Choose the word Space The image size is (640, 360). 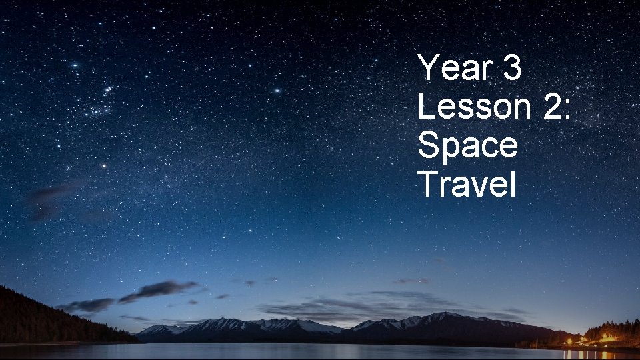(x=467, y=145)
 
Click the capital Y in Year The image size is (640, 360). (x=428, y=68)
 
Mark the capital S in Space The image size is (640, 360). (x=428, y=145)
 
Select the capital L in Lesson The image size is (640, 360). (x=426, y=107)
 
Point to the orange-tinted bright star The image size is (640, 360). (x=104, y=165)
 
